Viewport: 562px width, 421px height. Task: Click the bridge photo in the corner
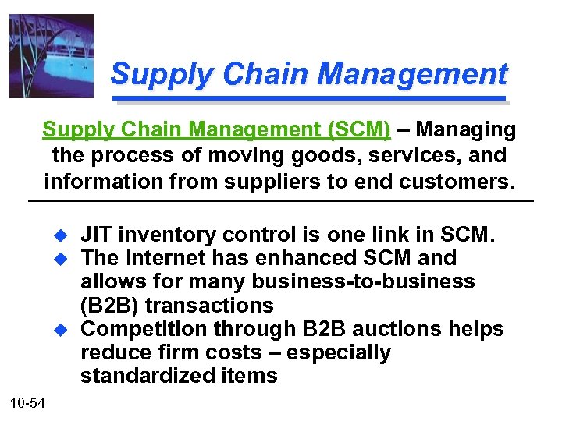point(51,56)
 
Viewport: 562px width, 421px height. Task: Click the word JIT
point(97,235)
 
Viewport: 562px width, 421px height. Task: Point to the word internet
point(167,258)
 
